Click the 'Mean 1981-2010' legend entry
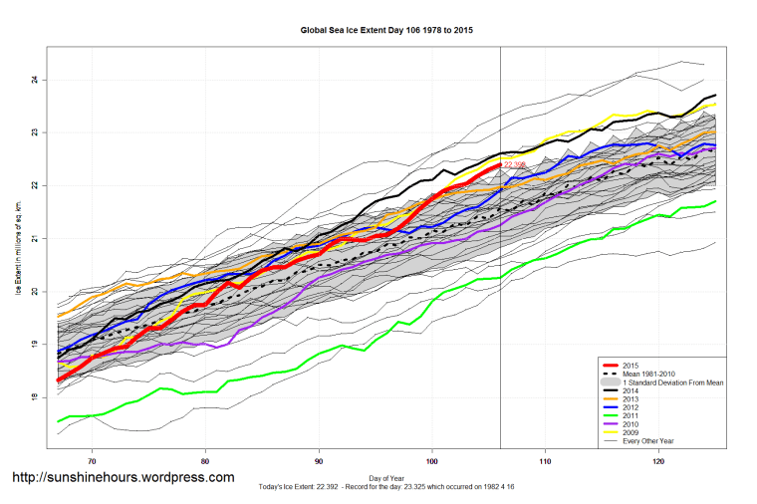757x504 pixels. coord(648,373)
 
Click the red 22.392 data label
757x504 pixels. coord(516,163)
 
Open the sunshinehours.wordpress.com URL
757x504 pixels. coord(123,477)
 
